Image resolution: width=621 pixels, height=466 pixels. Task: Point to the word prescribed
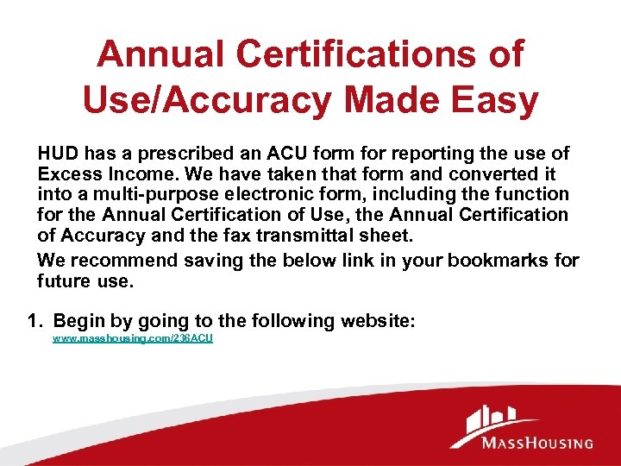161,154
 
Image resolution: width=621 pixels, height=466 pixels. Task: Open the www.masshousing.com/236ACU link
133,339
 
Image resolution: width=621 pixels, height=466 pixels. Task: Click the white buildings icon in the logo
489,424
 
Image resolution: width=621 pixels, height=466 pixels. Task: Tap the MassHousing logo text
536,443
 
